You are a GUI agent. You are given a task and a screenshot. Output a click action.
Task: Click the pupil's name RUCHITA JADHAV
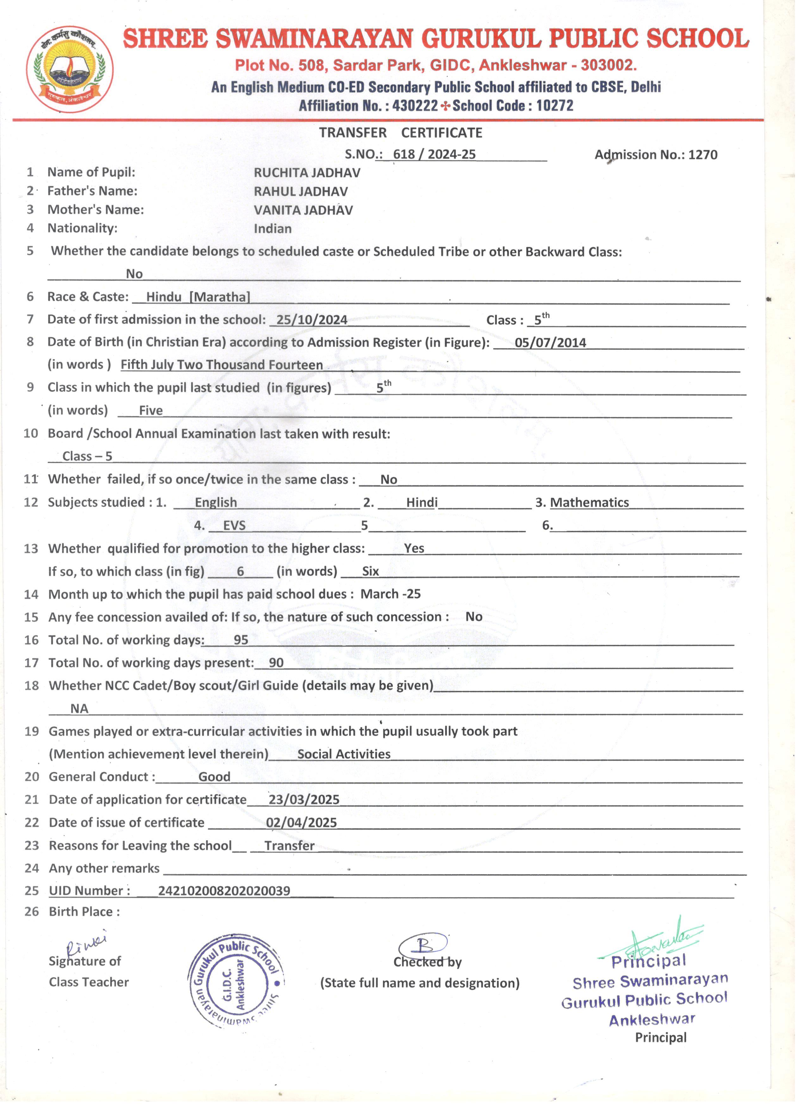(307, 173)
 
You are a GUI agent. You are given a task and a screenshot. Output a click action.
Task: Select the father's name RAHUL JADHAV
(300, 191)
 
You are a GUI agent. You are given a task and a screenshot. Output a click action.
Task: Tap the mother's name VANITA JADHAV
(303, 210)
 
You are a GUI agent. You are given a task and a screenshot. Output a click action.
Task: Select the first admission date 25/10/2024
(312, 320)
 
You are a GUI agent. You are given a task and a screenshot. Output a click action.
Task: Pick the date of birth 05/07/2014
(550, 342)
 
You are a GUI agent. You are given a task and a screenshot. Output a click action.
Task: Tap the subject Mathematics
(589, 503)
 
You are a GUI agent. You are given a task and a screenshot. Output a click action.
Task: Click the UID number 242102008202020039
(224, 891)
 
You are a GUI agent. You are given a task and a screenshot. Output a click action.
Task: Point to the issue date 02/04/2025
(302, 823)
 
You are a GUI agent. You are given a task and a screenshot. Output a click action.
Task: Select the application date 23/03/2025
(304, 800)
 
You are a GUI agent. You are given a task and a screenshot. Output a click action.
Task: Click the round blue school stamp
(235, 983)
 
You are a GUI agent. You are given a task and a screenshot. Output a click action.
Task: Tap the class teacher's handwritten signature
(86, 944)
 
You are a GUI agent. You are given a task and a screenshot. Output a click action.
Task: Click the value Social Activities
(344, 754)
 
